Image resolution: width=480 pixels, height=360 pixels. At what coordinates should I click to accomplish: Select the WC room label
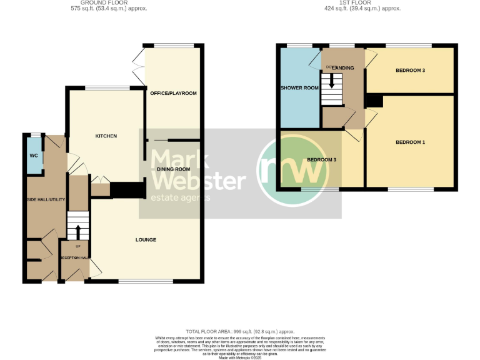(33, 156)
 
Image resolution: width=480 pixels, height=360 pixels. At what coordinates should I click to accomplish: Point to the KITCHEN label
(106, 136)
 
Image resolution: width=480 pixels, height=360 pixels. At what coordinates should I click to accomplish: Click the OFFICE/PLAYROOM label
(173, 93)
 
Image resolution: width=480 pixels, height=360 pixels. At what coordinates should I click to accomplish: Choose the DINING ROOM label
(173, 169)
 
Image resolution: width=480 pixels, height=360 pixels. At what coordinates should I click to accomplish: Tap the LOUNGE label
(146, 240)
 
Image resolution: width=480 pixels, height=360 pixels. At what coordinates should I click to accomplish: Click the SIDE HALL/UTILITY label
(46, 199)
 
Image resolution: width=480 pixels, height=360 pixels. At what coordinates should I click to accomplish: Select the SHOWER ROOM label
(299, 88)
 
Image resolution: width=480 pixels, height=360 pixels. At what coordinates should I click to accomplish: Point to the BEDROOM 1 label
(410, 142)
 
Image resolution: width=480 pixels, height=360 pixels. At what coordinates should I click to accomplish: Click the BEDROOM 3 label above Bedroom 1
(410, 71)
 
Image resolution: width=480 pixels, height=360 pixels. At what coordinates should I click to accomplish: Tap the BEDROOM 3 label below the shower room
(321, 160)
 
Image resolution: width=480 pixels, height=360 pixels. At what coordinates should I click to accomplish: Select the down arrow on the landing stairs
(332, 80)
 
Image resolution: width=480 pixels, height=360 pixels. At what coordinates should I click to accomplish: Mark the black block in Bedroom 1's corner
(374, 101)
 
